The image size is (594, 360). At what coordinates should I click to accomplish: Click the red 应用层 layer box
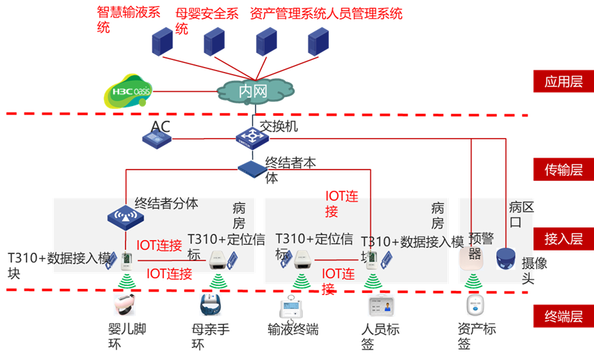click(x=563, y=82)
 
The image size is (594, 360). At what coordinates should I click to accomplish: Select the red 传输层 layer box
click(x=563, y=169)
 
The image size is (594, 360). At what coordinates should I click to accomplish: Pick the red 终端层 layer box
click(x=563, y=316)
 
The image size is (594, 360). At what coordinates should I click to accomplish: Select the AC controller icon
click(x=157, y=139)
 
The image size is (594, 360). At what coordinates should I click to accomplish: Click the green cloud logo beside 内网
click(x=128, y=91)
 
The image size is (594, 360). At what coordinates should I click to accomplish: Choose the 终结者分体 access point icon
click(x=125, y=217)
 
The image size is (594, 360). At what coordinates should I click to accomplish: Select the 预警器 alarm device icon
click(x=471, y=259)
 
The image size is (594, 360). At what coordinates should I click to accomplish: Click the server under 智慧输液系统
click(x=162, y=42)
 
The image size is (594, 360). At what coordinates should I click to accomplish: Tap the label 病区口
click(x=520, y=214)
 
